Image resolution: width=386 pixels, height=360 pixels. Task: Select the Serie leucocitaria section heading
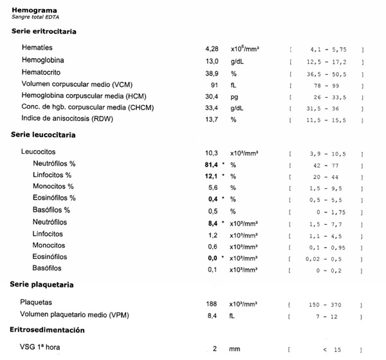click(x=43, y=135)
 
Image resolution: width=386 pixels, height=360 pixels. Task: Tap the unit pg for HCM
click(x=234, y=95)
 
